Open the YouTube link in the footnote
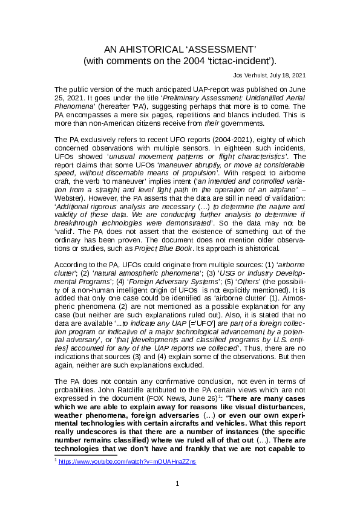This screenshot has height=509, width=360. [127, 461]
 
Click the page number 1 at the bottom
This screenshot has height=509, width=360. [177, 484]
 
